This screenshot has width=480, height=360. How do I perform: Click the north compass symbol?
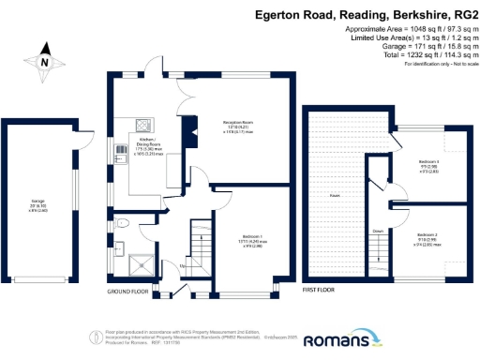coord(45,64)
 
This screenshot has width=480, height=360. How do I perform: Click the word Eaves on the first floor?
coord(334,196)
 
